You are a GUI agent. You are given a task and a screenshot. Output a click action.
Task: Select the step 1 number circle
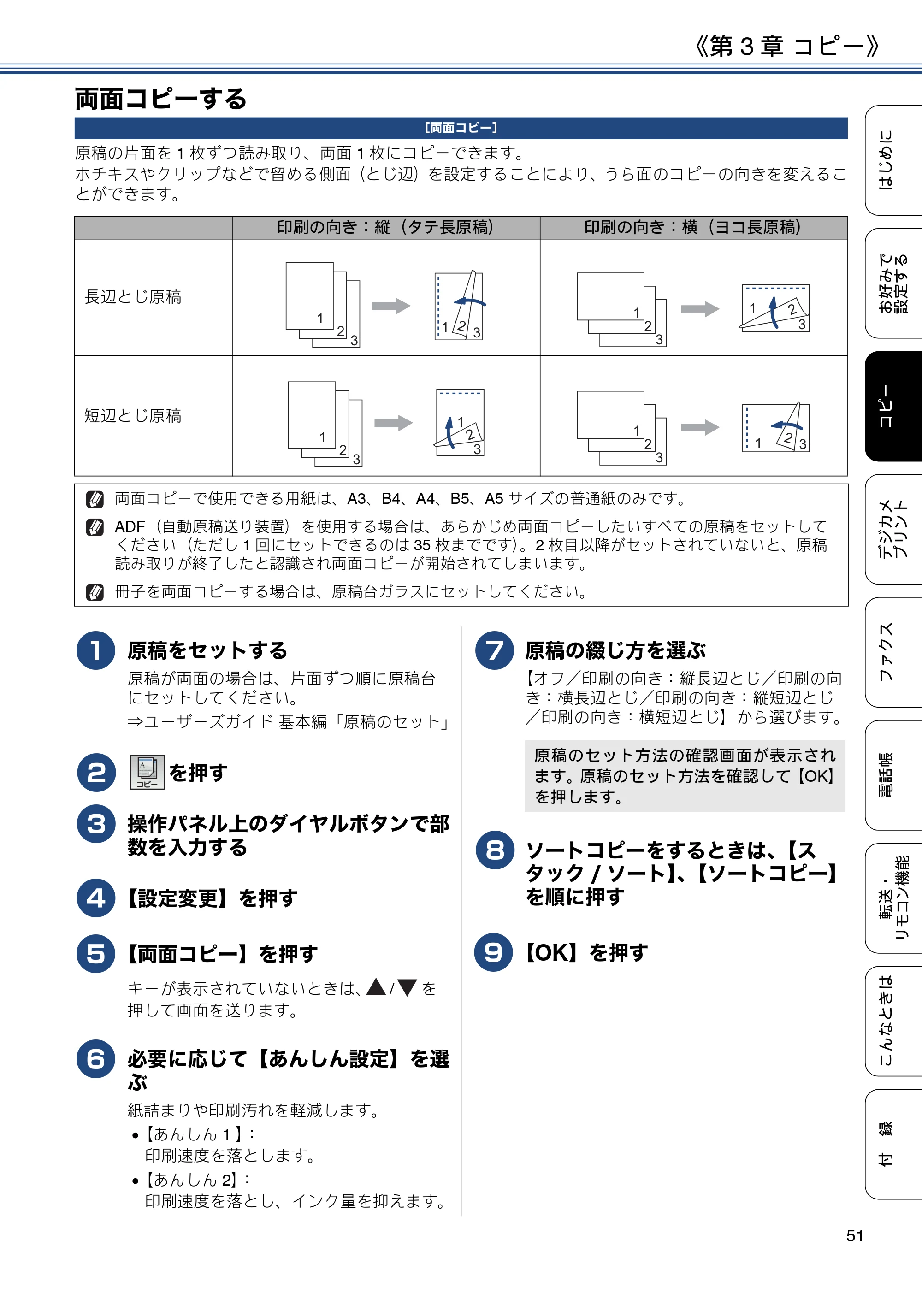click(95, 650)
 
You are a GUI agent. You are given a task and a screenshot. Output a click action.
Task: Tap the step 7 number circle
click(495, 650)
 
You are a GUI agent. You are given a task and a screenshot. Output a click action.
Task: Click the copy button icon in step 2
click(147, 772)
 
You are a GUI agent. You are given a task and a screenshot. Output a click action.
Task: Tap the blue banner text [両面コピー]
click(461, 128)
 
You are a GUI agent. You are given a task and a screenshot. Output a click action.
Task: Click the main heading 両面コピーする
click(161, 98)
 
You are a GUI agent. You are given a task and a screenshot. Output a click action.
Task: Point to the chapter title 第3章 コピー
click(787, 46)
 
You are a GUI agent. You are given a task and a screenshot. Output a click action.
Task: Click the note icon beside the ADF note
click(95, 527)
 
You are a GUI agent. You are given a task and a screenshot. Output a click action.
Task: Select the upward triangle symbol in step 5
click(376, 987)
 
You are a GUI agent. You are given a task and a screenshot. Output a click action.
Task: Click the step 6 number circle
click(95, 1059)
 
